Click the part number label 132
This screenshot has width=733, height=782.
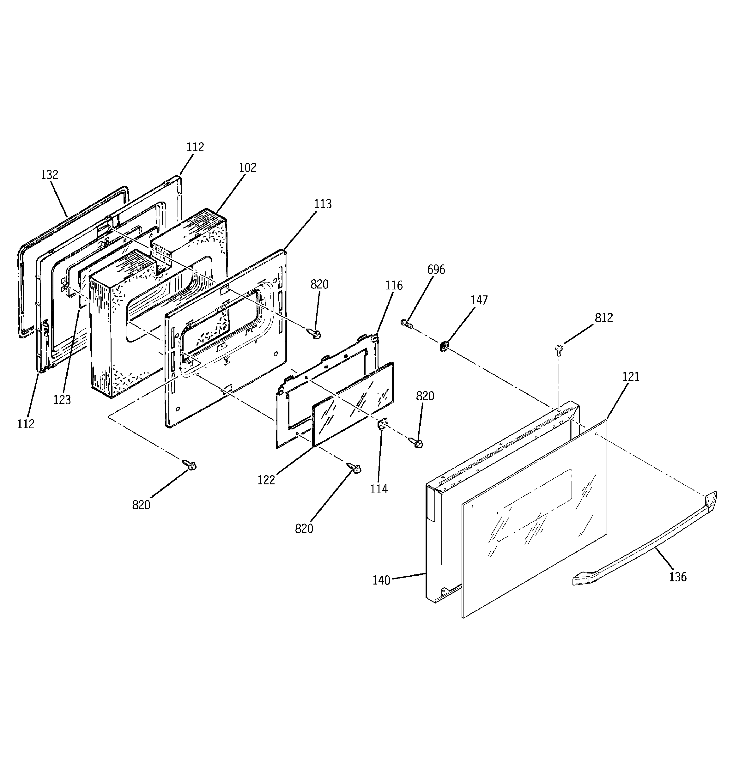50,175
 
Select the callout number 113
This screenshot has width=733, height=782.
323,204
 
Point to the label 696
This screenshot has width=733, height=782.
436,270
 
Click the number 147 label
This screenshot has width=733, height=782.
479,300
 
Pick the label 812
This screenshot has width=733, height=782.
603,318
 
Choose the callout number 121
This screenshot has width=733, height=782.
631,377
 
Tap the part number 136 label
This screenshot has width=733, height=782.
677,577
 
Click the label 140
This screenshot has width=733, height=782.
381,580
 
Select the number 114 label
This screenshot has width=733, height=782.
379,489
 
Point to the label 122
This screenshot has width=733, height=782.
266,480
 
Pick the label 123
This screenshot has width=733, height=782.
62,400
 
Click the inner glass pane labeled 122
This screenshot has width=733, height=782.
352,405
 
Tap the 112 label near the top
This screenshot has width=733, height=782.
195,147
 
